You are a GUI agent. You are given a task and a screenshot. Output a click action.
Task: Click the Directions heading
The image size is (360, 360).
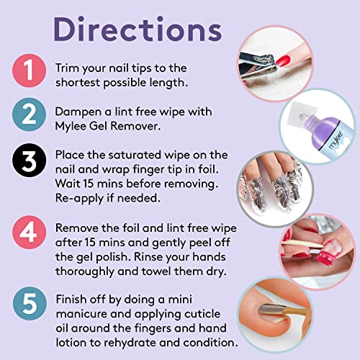click(x=138, y=30)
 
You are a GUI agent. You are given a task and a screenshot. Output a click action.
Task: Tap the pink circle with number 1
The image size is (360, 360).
click(x=29, y=71)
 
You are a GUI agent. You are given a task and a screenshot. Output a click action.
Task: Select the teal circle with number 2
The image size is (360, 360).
click(x=29, y=114)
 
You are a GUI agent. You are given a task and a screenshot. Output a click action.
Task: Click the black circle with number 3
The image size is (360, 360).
click(x=29, y=161)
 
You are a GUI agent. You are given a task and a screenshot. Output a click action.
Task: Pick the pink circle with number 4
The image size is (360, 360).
click(x=29, y=232)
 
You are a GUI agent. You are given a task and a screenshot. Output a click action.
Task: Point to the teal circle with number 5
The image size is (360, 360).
click(x=30, y=303)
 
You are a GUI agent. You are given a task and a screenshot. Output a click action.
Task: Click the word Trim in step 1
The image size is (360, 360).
click(x=68, y=68)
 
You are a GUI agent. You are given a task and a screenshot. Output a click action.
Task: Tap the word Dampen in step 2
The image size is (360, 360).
click(x=78, y=112)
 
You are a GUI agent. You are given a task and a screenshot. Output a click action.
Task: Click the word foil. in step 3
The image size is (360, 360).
click(x=209, y=169)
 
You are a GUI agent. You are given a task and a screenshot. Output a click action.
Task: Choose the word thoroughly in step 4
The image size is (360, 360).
click(x=85, y=272)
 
